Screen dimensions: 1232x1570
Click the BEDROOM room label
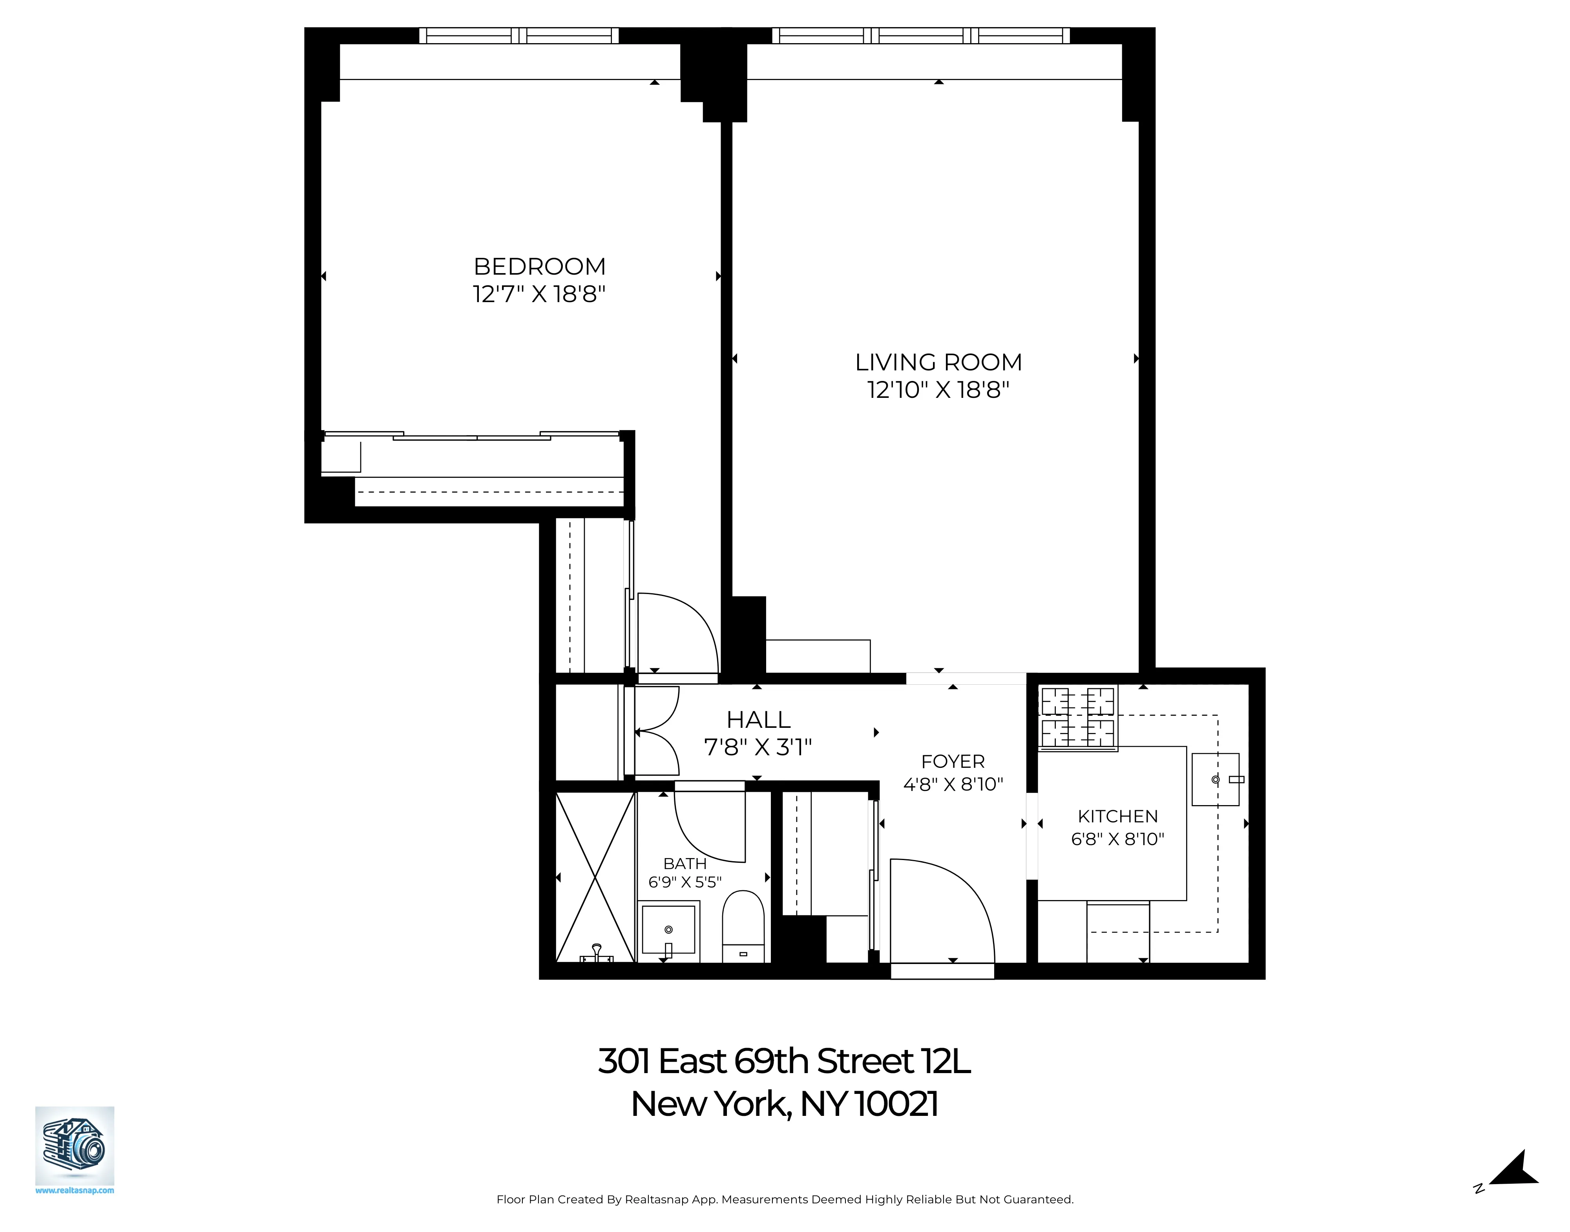pyautogui.click(x=539, y=267)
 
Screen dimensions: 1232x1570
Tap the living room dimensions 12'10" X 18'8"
pyautogui.click(x=938, y=390)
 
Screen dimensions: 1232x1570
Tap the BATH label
pyautogui.click(x=684, y=864)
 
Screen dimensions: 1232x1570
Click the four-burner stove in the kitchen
pyautogui.click(x=1077, y=718)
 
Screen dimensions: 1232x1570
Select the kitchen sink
pyautogui.click(x=1215, y=780)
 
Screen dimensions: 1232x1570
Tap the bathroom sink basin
pyautogui.click(x=668, y=931)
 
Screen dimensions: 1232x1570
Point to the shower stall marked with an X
pyautogui.click(x=595, y=877)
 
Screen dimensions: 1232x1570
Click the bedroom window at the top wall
pyautogui.click(x=519, y=35)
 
